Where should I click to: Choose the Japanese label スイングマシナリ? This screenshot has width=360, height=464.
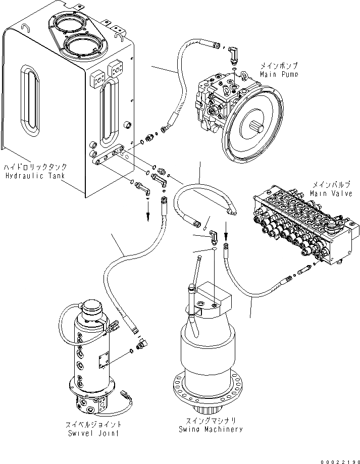[x=211, y=420]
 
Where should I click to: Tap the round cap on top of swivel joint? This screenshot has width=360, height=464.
[x=92, y=306]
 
